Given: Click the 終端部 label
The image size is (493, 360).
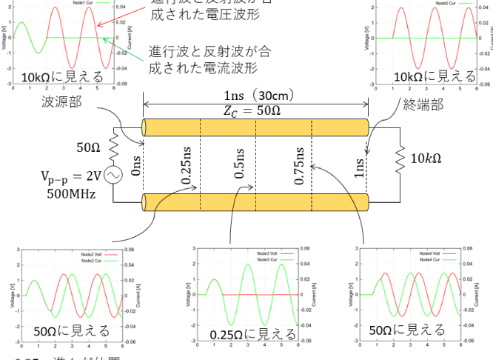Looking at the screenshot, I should point(423,104).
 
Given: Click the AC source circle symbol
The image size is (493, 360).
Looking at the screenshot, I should point(115,175).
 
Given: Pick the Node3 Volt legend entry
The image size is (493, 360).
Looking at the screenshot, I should point(264,253).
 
